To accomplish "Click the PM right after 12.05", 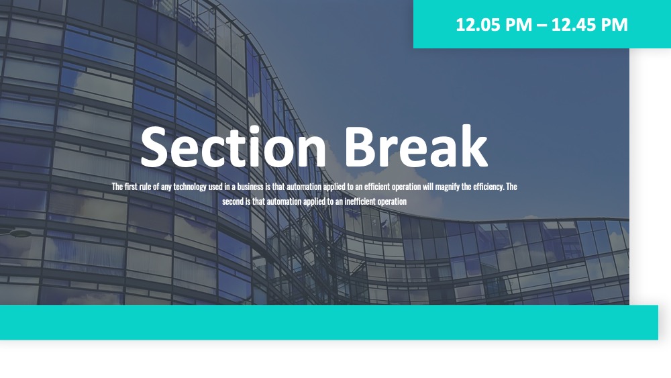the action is pyautogui.click(x=519, y=25).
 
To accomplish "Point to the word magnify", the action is pyautogui.click(x=447, y=187).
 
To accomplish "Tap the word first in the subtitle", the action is pyautogui.click(x=131, y=187).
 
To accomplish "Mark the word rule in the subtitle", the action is pyautogui.click(x=146, y=187).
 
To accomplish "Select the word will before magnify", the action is pyautogui.click(x=428, y=187).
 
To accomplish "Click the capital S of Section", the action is pyautogui.click(x=154, y=146).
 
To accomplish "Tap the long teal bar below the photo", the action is pyautogui.click(x=329, y=322).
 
